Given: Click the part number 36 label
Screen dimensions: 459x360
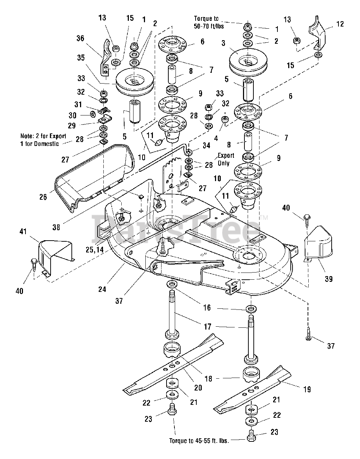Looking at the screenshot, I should [80, 38].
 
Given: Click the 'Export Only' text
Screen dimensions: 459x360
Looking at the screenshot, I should [226, 159].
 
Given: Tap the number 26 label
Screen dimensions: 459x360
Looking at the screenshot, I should [43, 197].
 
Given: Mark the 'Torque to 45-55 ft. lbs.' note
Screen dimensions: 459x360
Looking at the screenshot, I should [199, 440].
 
